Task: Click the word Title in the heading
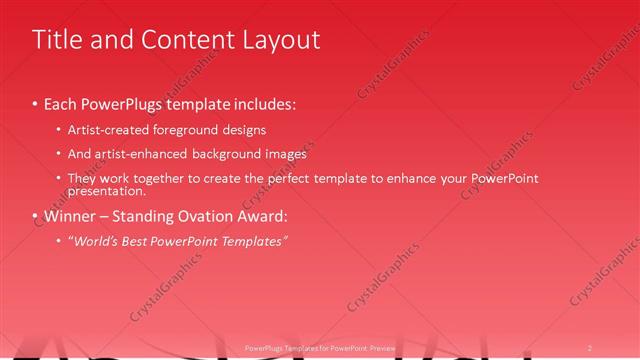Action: (x=59, y=39)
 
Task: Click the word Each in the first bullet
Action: (x=63, y=103)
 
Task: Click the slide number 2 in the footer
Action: (x=590, y=347)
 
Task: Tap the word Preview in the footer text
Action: (x=384, y=347)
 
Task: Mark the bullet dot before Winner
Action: (x=35, y=216)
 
